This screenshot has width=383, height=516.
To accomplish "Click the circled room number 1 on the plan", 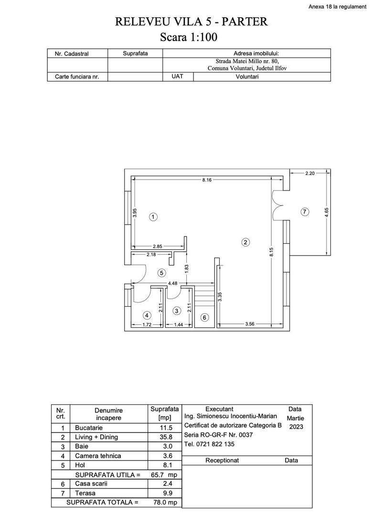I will click(153, 217).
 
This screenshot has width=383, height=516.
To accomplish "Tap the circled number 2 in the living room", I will click(245, 242).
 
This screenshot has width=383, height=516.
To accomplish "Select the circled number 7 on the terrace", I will click(306, 212).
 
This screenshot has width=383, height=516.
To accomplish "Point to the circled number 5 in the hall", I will click(162, 273).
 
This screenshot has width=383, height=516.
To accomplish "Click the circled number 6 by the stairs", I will click(204, 317).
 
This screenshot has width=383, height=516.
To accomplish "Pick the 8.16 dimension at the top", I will click(207, 180).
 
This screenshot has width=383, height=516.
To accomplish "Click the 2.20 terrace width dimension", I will click(309, 173).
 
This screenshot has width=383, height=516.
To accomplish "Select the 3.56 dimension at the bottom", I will click(249, 324).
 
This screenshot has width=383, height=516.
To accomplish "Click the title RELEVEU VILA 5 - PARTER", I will click(191, 21).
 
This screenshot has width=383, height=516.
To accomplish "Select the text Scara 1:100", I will click(191, 37).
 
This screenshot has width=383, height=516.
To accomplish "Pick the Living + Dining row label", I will click(96, 437).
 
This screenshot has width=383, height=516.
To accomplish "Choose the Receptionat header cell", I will click(222, 461).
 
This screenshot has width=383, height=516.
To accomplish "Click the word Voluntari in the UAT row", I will click(247, 76).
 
